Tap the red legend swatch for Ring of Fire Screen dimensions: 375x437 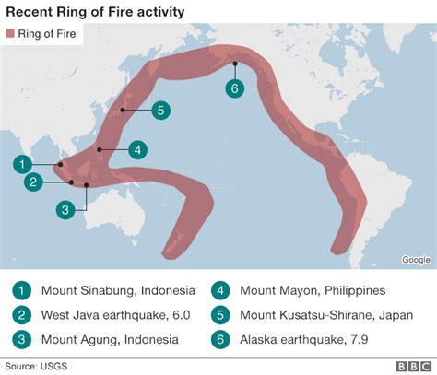(13, 34)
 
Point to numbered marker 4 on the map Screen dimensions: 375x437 (136, 149)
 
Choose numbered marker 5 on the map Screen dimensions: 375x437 (160, 111)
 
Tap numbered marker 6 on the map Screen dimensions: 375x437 (236, 88)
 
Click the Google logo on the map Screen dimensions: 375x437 (416, 260)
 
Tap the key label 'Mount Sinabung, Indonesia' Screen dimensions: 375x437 (111, 289)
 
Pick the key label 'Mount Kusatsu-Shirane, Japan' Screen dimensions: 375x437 (323, 314)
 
